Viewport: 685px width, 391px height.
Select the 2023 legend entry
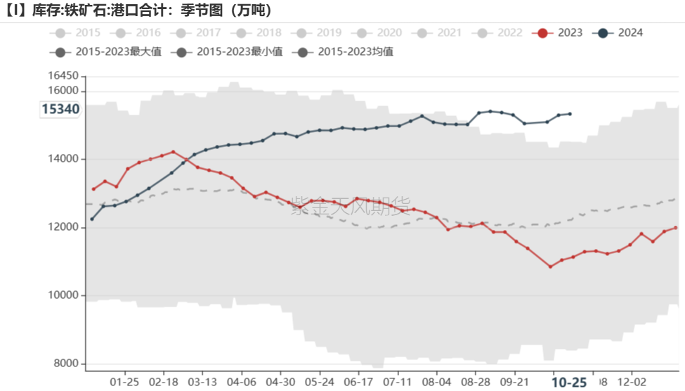tap(559, 33)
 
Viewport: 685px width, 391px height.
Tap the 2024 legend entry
tap(618, 33)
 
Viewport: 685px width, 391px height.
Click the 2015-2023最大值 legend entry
tap(106, 51)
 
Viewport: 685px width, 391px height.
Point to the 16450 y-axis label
tap(63, 76)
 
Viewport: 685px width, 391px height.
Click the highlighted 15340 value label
tap(60, 109)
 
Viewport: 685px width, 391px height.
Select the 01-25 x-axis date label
tap(125, 382)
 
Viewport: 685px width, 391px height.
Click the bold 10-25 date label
tap(569, 382)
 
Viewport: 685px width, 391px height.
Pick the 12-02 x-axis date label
tap(631, 382)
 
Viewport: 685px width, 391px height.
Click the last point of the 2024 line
tap(570, 113)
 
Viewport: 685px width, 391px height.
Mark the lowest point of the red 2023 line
tap(550, 267)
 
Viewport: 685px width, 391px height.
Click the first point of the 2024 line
tap(92, 219)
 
